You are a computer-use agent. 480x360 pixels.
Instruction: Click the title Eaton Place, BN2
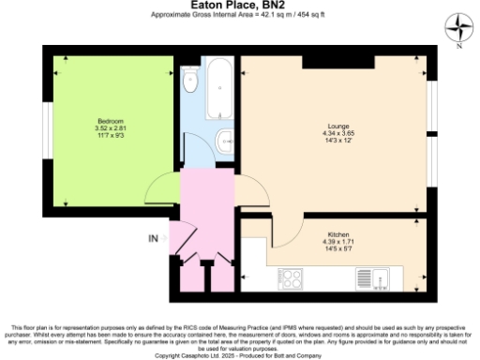point(239,6)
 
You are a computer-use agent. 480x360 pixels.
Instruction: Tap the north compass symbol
point(458,26)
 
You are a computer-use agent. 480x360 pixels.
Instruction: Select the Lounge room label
point(337,126)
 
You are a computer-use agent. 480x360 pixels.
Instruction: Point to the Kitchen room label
point(338,234)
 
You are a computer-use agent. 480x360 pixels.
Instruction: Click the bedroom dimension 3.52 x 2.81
point(110,127)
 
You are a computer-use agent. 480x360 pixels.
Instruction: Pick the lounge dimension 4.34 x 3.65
point(337,134)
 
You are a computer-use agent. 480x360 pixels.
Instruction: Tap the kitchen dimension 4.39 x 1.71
point(338,242)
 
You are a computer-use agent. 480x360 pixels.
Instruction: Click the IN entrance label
point(154,238)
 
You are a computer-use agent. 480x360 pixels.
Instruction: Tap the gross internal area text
point(239,16)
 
